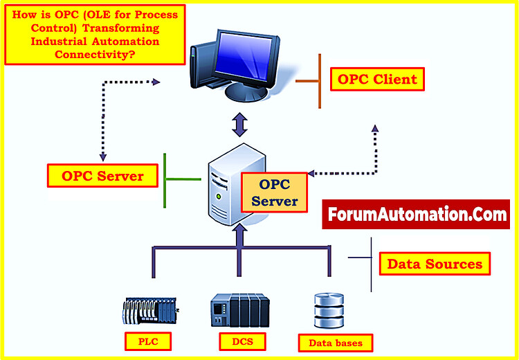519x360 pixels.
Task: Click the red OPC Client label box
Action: (x=377, y=79)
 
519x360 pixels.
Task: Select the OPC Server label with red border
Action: (x=102, y=176)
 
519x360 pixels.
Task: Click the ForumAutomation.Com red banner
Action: (x=416, y=215)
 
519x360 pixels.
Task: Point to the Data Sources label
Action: (x=435, y=264)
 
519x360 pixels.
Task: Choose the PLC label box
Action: (x=147, y=341)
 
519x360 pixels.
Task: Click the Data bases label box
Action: (x=330, y=342)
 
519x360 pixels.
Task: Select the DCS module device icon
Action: (x=239, y=311)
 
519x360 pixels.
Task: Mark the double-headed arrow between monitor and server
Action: (x=239, y=125)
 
